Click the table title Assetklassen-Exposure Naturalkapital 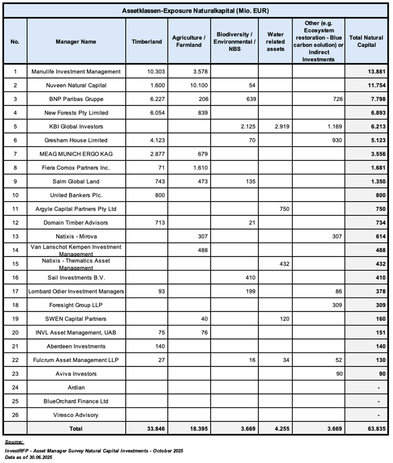click(195, 11)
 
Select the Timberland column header click(147, 42)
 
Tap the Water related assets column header click(275, 42)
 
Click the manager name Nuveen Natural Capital click(76, 85)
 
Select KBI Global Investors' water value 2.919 click(280, 126)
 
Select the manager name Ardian click(76, 387)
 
